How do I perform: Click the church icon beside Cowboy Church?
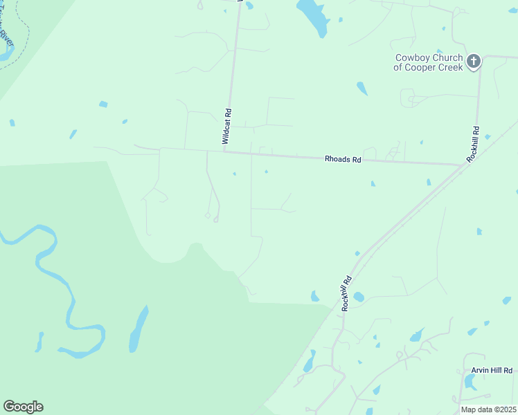tap(474, 62)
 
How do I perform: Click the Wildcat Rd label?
tap(226, 126)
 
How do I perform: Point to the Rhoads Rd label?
tap(343, 159)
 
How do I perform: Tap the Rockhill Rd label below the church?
tap(474, 144)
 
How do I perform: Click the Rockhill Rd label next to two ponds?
tap(346, 293)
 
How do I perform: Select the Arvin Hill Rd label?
tap(491, 371)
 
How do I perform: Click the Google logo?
tap(23, 407)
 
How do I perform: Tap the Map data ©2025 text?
tap(488, 409)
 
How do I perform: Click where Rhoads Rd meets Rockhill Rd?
tap(463, 165)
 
